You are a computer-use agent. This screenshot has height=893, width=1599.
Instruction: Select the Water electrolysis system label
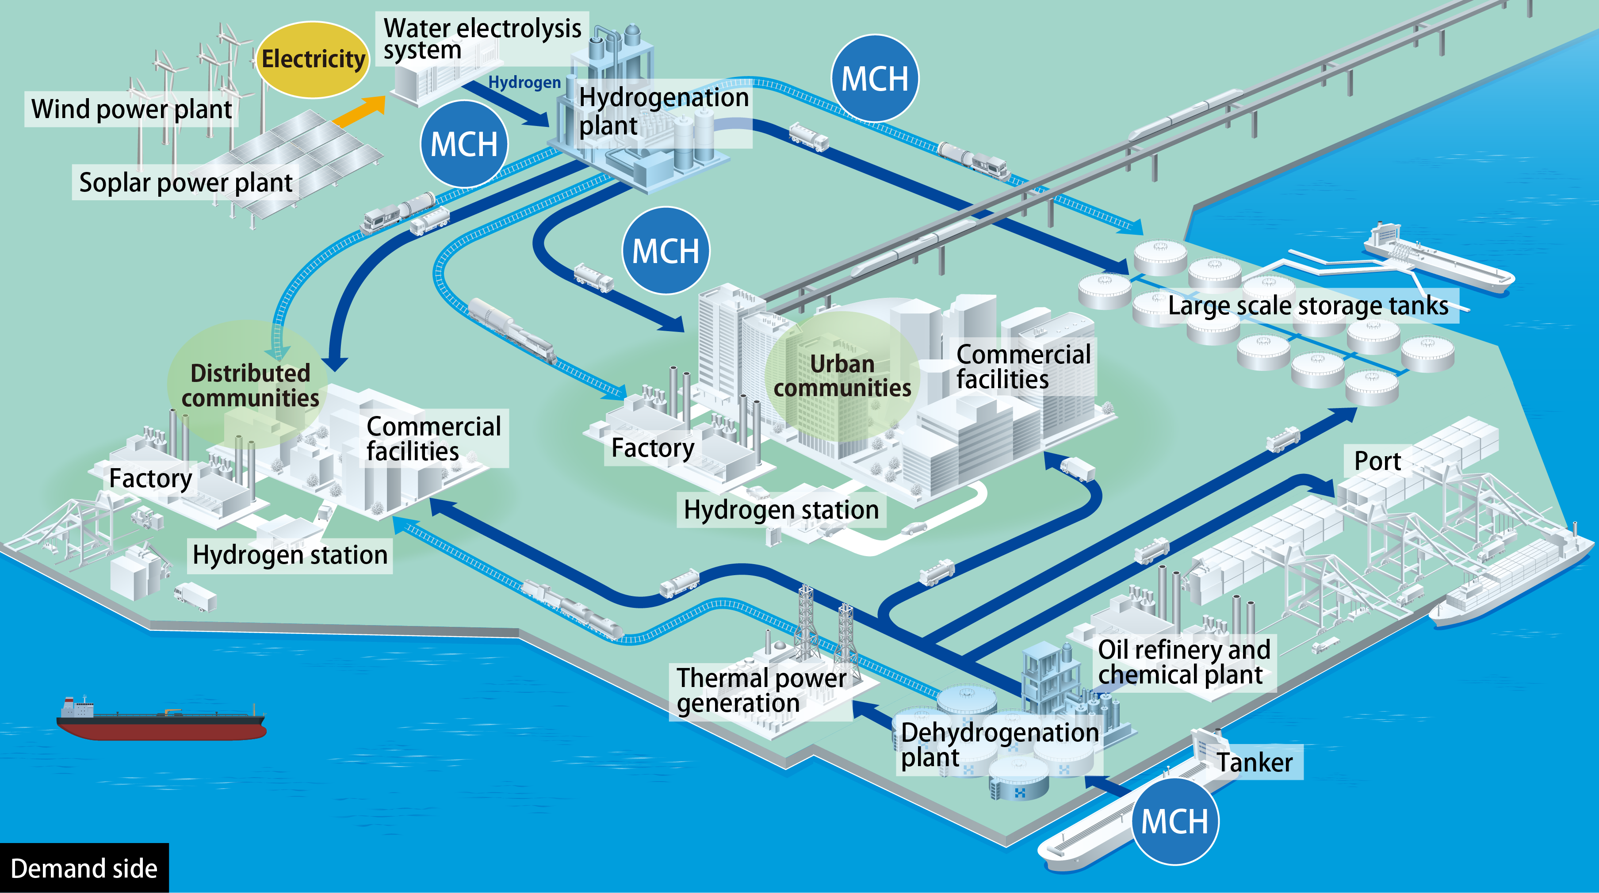(482, 38)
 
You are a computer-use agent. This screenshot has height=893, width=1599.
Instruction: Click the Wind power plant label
(132, 109)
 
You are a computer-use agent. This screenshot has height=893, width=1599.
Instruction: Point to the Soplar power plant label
(186, 183)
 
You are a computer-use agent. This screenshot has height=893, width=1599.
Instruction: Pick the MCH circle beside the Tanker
(1175, 820)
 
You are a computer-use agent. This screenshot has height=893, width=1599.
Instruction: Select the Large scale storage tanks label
(1308, 306)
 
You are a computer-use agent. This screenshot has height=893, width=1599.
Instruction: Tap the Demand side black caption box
(84, 867)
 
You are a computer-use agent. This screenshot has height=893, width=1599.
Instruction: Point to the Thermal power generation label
(761, 690)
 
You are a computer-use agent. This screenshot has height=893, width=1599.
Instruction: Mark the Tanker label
(1255, 762)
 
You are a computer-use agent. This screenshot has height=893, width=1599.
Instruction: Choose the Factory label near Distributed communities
(151, 478)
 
